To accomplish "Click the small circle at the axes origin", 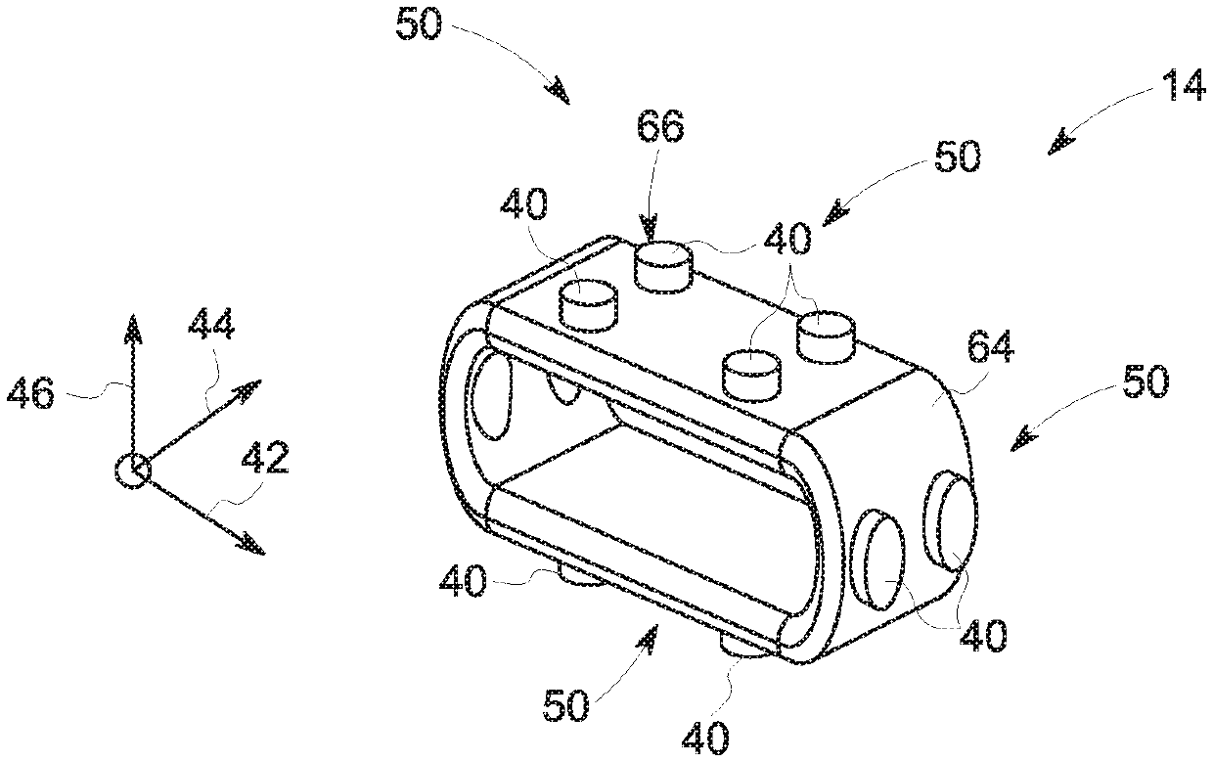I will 131,471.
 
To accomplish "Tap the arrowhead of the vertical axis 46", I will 132,328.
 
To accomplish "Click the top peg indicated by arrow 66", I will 662,264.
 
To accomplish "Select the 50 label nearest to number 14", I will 955,157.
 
